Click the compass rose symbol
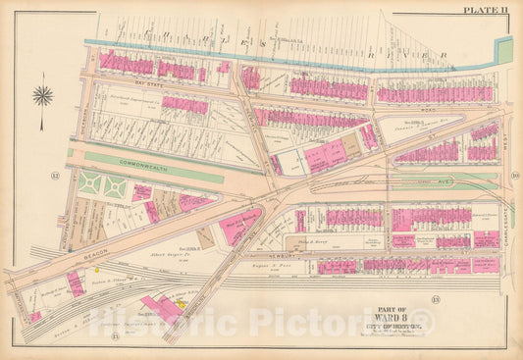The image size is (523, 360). (43, 96)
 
